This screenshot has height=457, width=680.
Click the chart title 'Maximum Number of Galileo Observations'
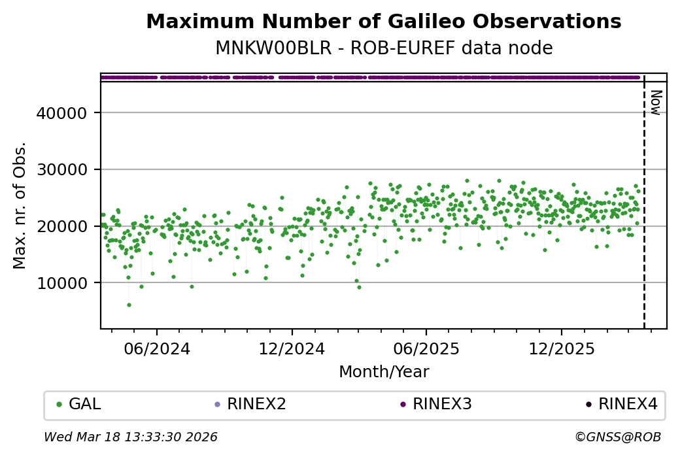click(383, 22)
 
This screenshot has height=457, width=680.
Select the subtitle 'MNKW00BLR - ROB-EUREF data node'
click(383, 48)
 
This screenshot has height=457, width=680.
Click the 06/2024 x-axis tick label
click(157, 348)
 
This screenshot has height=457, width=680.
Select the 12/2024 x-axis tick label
click(292, 348)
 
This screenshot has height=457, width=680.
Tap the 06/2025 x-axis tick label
click(426, 348)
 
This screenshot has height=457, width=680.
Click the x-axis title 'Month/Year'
click(383, 372)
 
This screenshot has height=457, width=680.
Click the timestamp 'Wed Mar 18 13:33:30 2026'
click(131, 437)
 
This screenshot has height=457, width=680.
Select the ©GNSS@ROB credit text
click(618, 437)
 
